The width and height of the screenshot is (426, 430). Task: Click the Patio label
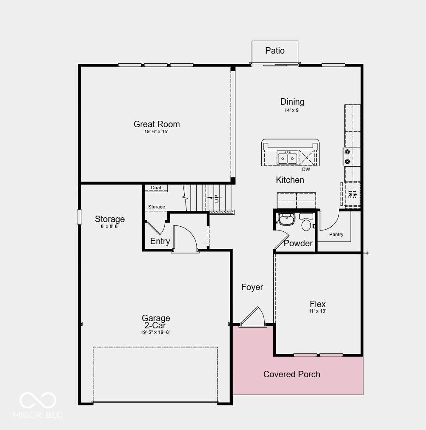pyautogui.click(x=275, y=51)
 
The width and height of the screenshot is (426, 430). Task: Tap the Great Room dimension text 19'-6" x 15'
pyautogui.click(x=156, y=131)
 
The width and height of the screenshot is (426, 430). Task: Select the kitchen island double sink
pyautogui.click(x=287, y=158)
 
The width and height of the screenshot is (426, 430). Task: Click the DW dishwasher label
pyautogui.click(x=306, y=169)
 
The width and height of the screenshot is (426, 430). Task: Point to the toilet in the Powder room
pyautogui.click(x=306, y=222)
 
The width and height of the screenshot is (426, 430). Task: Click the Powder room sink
pyautogui.click(x=286, y=219)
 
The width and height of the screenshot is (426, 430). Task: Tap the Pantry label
pyautogui.click(x=336, y=234)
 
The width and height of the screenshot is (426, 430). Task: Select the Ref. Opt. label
pyautogui.click(x=352, y=194)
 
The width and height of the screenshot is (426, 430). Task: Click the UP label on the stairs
pyautogui.click(x=217, y=199)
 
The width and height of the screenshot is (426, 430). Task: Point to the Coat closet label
pyautogui.click(x=156, y=188)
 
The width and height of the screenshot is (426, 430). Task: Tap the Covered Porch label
pyautogui.click(x=292, y=374)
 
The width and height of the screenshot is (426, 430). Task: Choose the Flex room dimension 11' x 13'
pyautogui.click(x=317, y=311)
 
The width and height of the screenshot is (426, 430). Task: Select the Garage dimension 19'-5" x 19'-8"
pyautogui.click(x=156, y=332)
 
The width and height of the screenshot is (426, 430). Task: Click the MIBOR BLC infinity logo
pyautogui.click(x=38, y=400)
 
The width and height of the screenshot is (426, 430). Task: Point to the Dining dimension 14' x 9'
pyautogui.click(x=292, y=110)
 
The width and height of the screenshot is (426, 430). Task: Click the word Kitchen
pyautogui.click(x=290, y=180)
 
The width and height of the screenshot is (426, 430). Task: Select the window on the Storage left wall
pyautogui.click(x=80, y=216)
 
